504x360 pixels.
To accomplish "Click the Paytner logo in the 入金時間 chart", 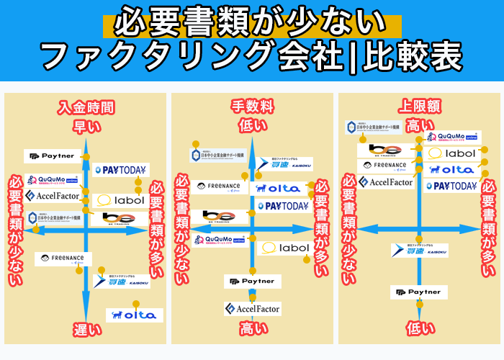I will pyautogui.click(x=53, y=156).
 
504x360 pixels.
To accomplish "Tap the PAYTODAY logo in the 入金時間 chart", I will pyautogui.click(x=120, y=171).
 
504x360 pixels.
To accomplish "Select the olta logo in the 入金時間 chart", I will pyautogui.click(x=134, y=315).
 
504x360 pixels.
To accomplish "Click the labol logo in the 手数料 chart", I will pyautogui.click(x=285, y=248).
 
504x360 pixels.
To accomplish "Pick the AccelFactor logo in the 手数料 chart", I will pyautogui.click(x=252, y=308).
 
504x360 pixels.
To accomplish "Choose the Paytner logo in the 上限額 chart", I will pyautogui.click(x=419, y=292).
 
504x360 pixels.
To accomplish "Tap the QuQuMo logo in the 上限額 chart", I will pyautogui.click(x=452, y=137).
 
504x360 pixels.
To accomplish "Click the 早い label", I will pyautogui.click(x=86, y=127).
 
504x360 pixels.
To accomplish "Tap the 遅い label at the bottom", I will pyautogui.click(x=86, y=330).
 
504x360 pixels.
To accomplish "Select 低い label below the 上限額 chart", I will pyautogui.click(x=419, y=328).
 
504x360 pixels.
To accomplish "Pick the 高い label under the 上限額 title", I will pyautogui.click(x=419, y=125).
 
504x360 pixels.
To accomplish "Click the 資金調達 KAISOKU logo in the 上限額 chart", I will pyautogui.click(x=420, y=251).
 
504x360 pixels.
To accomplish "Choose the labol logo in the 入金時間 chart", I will pyautogui.click(x=120, y=200).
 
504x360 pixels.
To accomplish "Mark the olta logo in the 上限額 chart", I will pyautogui.click(x=452, y=169).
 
